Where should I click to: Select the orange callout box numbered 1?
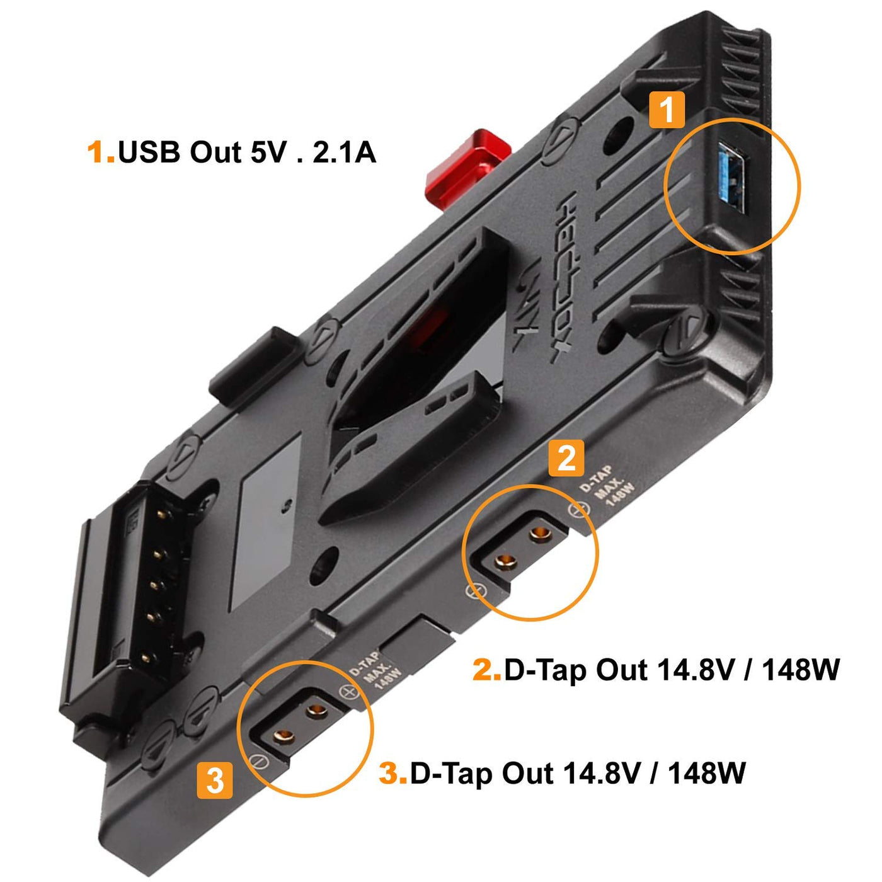666,110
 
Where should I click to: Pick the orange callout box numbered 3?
215,780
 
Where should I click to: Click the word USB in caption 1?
149,152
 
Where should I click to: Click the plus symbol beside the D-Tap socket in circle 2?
577,510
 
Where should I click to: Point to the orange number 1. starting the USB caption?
101,152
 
